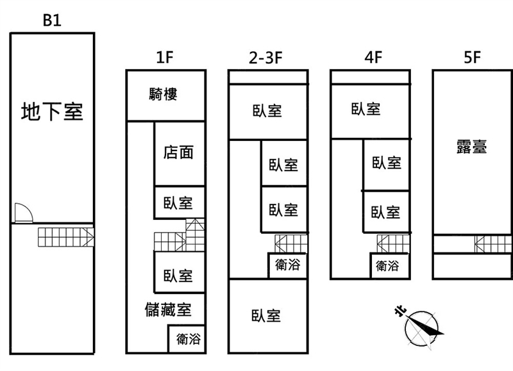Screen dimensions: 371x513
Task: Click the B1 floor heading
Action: [52, 20]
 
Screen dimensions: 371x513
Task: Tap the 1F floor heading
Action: [165, 58]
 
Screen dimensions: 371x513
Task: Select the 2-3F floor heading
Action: [265, 58]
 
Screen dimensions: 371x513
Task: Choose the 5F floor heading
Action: [472, 58]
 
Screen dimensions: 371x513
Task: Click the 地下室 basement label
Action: [52, 111]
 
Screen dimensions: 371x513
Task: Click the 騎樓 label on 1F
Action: [163, 94]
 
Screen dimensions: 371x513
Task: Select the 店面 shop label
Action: [178, 153]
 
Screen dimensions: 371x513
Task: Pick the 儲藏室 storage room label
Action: [168, 310]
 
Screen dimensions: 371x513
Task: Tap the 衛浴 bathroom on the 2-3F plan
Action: [286, 264]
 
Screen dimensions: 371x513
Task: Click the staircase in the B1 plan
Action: [66, 238]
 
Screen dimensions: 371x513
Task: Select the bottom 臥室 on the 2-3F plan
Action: [265, 315]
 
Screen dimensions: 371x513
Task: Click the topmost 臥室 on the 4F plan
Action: [366, 109]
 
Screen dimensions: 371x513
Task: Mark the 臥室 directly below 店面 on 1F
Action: [178, 202]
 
